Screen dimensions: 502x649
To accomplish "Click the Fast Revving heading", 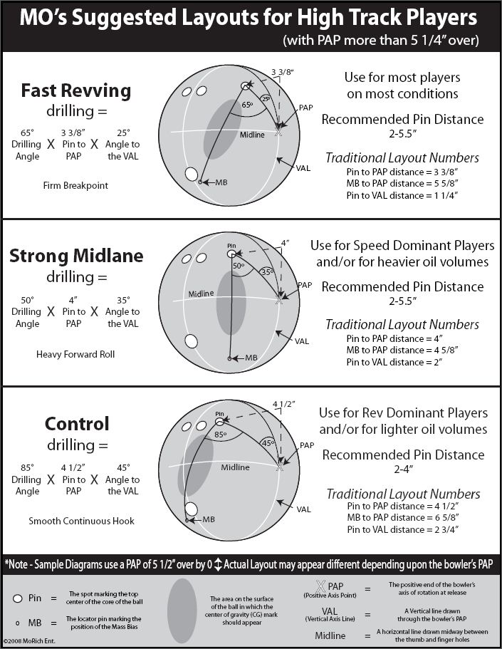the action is pyautogui.click(x=75, y=90).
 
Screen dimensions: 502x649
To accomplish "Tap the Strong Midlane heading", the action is pyautogui.click(x=75, y=256).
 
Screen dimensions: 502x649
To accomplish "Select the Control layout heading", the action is pyautogui.click(x=76, y=424).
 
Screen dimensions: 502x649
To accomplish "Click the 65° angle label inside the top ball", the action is pyautogui.click(x=247, y=104).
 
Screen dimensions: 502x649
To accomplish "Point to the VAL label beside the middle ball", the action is pyautogui.click(x=303, y=341).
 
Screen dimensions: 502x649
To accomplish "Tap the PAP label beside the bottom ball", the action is pyautogui.click(x=306, y=445).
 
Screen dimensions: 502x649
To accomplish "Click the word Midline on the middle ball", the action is pyautogui.click(x=202, y=294).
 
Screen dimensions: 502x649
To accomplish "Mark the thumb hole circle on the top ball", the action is pyautogui.click(x=191, y=174).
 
